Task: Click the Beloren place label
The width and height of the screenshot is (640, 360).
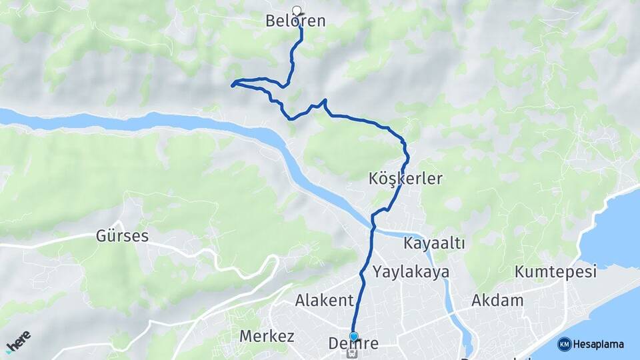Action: (295, 21)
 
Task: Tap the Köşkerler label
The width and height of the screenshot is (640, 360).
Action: (405, 179)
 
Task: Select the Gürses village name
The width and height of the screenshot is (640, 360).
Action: (122, 236)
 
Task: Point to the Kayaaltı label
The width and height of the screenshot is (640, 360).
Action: (434, 244)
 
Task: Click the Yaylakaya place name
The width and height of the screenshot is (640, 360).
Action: (411, 272)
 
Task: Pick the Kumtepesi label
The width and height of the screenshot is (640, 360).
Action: (555, 272)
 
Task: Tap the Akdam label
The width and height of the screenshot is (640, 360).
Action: (497, 301)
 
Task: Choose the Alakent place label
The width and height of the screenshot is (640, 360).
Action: (323, 301)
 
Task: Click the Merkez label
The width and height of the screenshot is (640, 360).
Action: (267, 336)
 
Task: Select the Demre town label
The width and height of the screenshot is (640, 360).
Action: (353, 344)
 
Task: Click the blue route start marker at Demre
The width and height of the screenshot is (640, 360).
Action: (353, 336)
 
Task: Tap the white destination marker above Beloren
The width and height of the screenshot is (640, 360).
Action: (297, 10)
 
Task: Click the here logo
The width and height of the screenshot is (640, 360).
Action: (18, 341)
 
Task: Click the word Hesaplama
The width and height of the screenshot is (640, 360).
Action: (598, 345)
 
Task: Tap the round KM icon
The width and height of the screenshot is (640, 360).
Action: (564, 345)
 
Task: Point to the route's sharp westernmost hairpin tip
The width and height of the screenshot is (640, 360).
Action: (233, 85)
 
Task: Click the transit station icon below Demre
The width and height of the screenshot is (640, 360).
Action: (353, 355)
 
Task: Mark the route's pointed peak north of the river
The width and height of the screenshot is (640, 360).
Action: (325, 101)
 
